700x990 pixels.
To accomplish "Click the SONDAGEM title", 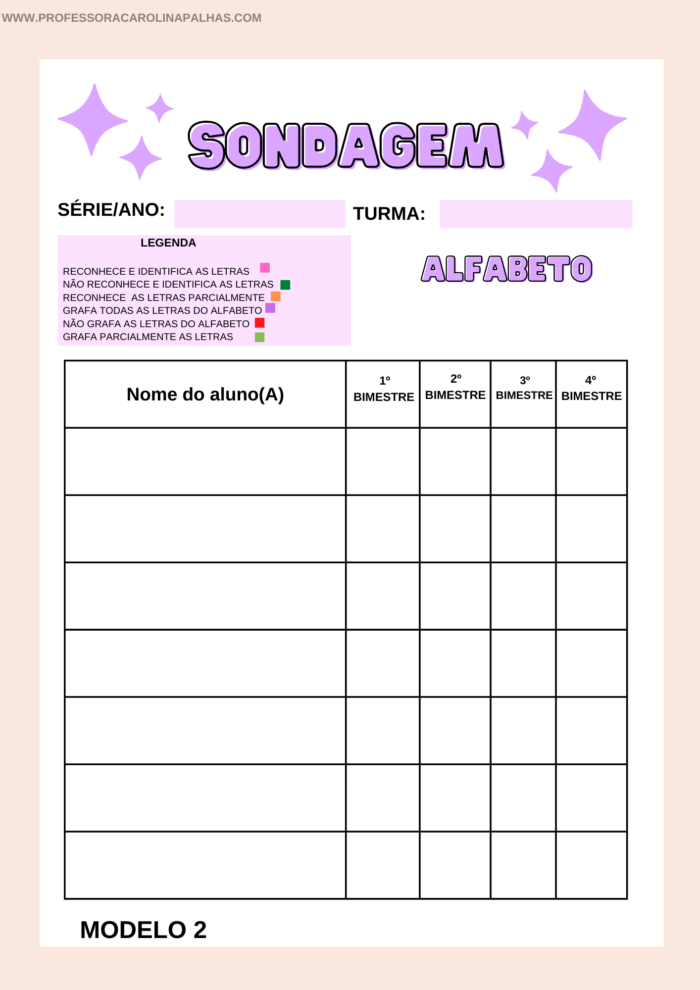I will (x=346, y=146).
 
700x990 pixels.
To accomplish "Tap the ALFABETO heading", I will (x=506, y=269).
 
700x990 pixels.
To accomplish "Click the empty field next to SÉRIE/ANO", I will (x=259, y=214).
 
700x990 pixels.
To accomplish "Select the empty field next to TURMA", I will (x=536, y=214).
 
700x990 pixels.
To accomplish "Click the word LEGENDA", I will (x=168, y=243).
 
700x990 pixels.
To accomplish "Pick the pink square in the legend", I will (x=265, y=268).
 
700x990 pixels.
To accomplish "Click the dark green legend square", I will (x=285, y=285).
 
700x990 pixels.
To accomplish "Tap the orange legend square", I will (x=276, y=297).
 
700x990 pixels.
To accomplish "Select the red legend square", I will (x=259, y=323).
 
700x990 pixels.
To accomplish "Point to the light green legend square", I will (x=259, y=337).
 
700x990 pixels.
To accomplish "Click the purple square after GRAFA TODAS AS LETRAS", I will (x=270, y=308).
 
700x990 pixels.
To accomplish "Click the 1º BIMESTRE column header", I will (x=384, y=389).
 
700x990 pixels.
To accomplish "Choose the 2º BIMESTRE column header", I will (x=455, y=388).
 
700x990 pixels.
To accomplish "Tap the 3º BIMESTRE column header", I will (x=524, y=388).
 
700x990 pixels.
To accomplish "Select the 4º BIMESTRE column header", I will (x=592, y=389).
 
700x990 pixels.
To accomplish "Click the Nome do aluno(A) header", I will (x=205, y=395).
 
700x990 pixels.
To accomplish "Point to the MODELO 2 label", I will (x=143, y=930).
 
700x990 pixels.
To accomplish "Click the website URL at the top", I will (x=132, y=18).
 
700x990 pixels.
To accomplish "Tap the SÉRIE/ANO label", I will (x=111, y=210).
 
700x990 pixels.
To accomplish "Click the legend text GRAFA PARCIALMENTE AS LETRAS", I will (x=148, y=337).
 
